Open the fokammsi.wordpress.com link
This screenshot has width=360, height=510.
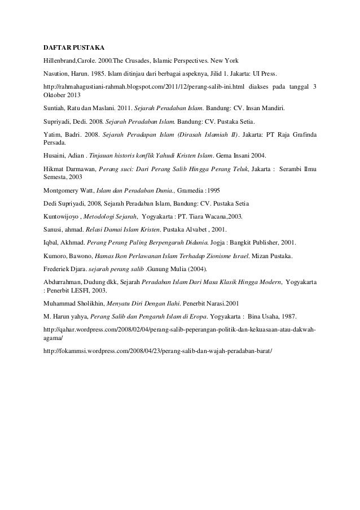coord(158,351)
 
